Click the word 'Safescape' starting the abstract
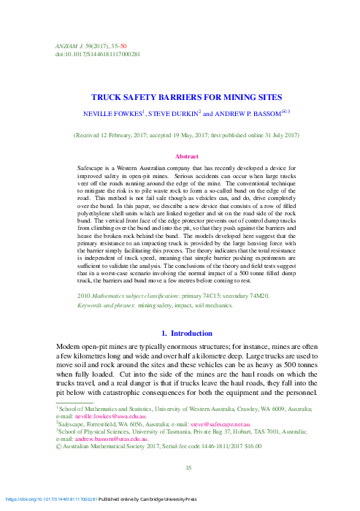[x=91, y=168]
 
